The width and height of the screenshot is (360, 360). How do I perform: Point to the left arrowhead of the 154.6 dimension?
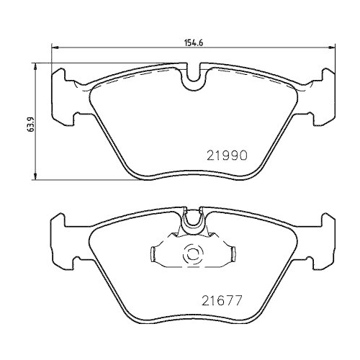click(53, 49)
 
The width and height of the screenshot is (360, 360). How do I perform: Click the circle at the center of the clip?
click(193, 256)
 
